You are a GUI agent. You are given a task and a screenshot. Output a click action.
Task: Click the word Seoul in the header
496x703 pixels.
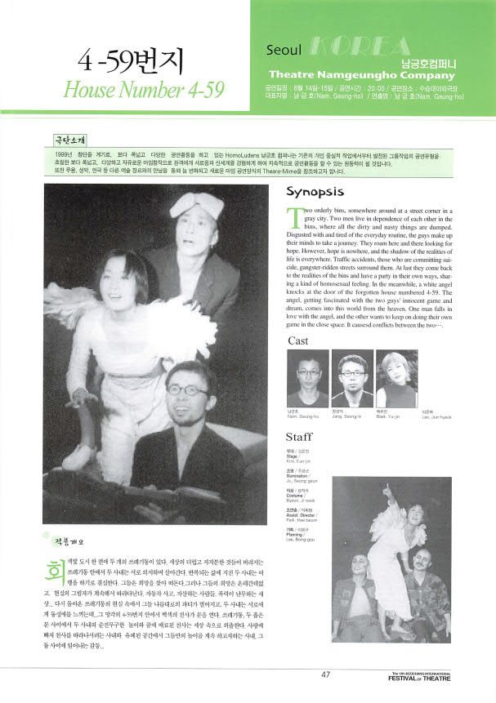pos(283,51)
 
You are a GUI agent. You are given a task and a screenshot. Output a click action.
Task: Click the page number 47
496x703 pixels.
pos(325,674)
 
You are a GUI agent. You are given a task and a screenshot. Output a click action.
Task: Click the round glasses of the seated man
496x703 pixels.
pos(185,391)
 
